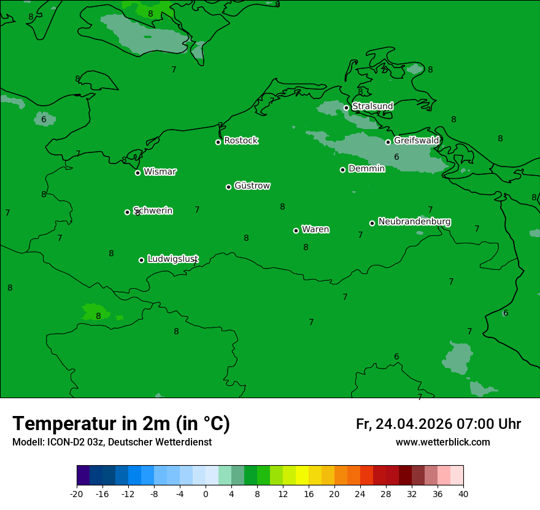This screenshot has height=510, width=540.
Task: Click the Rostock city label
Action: [x=241, y=141]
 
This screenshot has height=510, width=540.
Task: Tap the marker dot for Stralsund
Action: [x=346, y=108]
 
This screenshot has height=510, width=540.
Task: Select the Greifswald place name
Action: [x=416, y=141]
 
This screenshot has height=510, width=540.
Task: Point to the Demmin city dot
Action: [x=342, y=170]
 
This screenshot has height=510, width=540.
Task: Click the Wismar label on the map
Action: [x=160, y=172]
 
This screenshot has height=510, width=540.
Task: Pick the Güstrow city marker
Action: [x=228, y=187]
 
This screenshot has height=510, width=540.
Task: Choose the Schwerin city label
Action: [x=153, y=211]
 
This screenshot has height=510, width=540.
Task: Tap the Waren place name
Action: [x=315, y=230]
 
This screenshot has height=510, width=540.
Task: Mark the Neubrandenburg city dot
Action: [x=372, y=223]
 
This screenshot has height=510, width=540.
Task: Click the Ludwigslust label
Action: [x=172, y=259]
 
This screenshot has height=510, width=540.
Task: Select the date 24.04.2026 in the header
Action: [x=414, y=424]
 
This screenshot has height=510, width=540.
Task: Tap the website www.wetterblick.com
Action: [x=442, y=442]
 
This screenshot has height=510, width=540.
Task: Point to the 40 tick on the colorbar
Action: [x=463, y=494]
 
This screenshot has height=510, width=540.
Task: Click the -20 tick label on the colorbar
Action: [x=77, y=494]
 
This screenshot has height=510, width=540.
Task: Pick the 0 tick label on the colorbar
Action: [x=206, y=494]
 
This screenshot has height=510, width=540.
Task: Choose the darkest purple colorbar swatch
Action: [x=83, y=476]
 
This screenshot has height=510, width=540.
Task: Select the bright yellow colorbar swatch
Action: [x=302, y=476]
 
